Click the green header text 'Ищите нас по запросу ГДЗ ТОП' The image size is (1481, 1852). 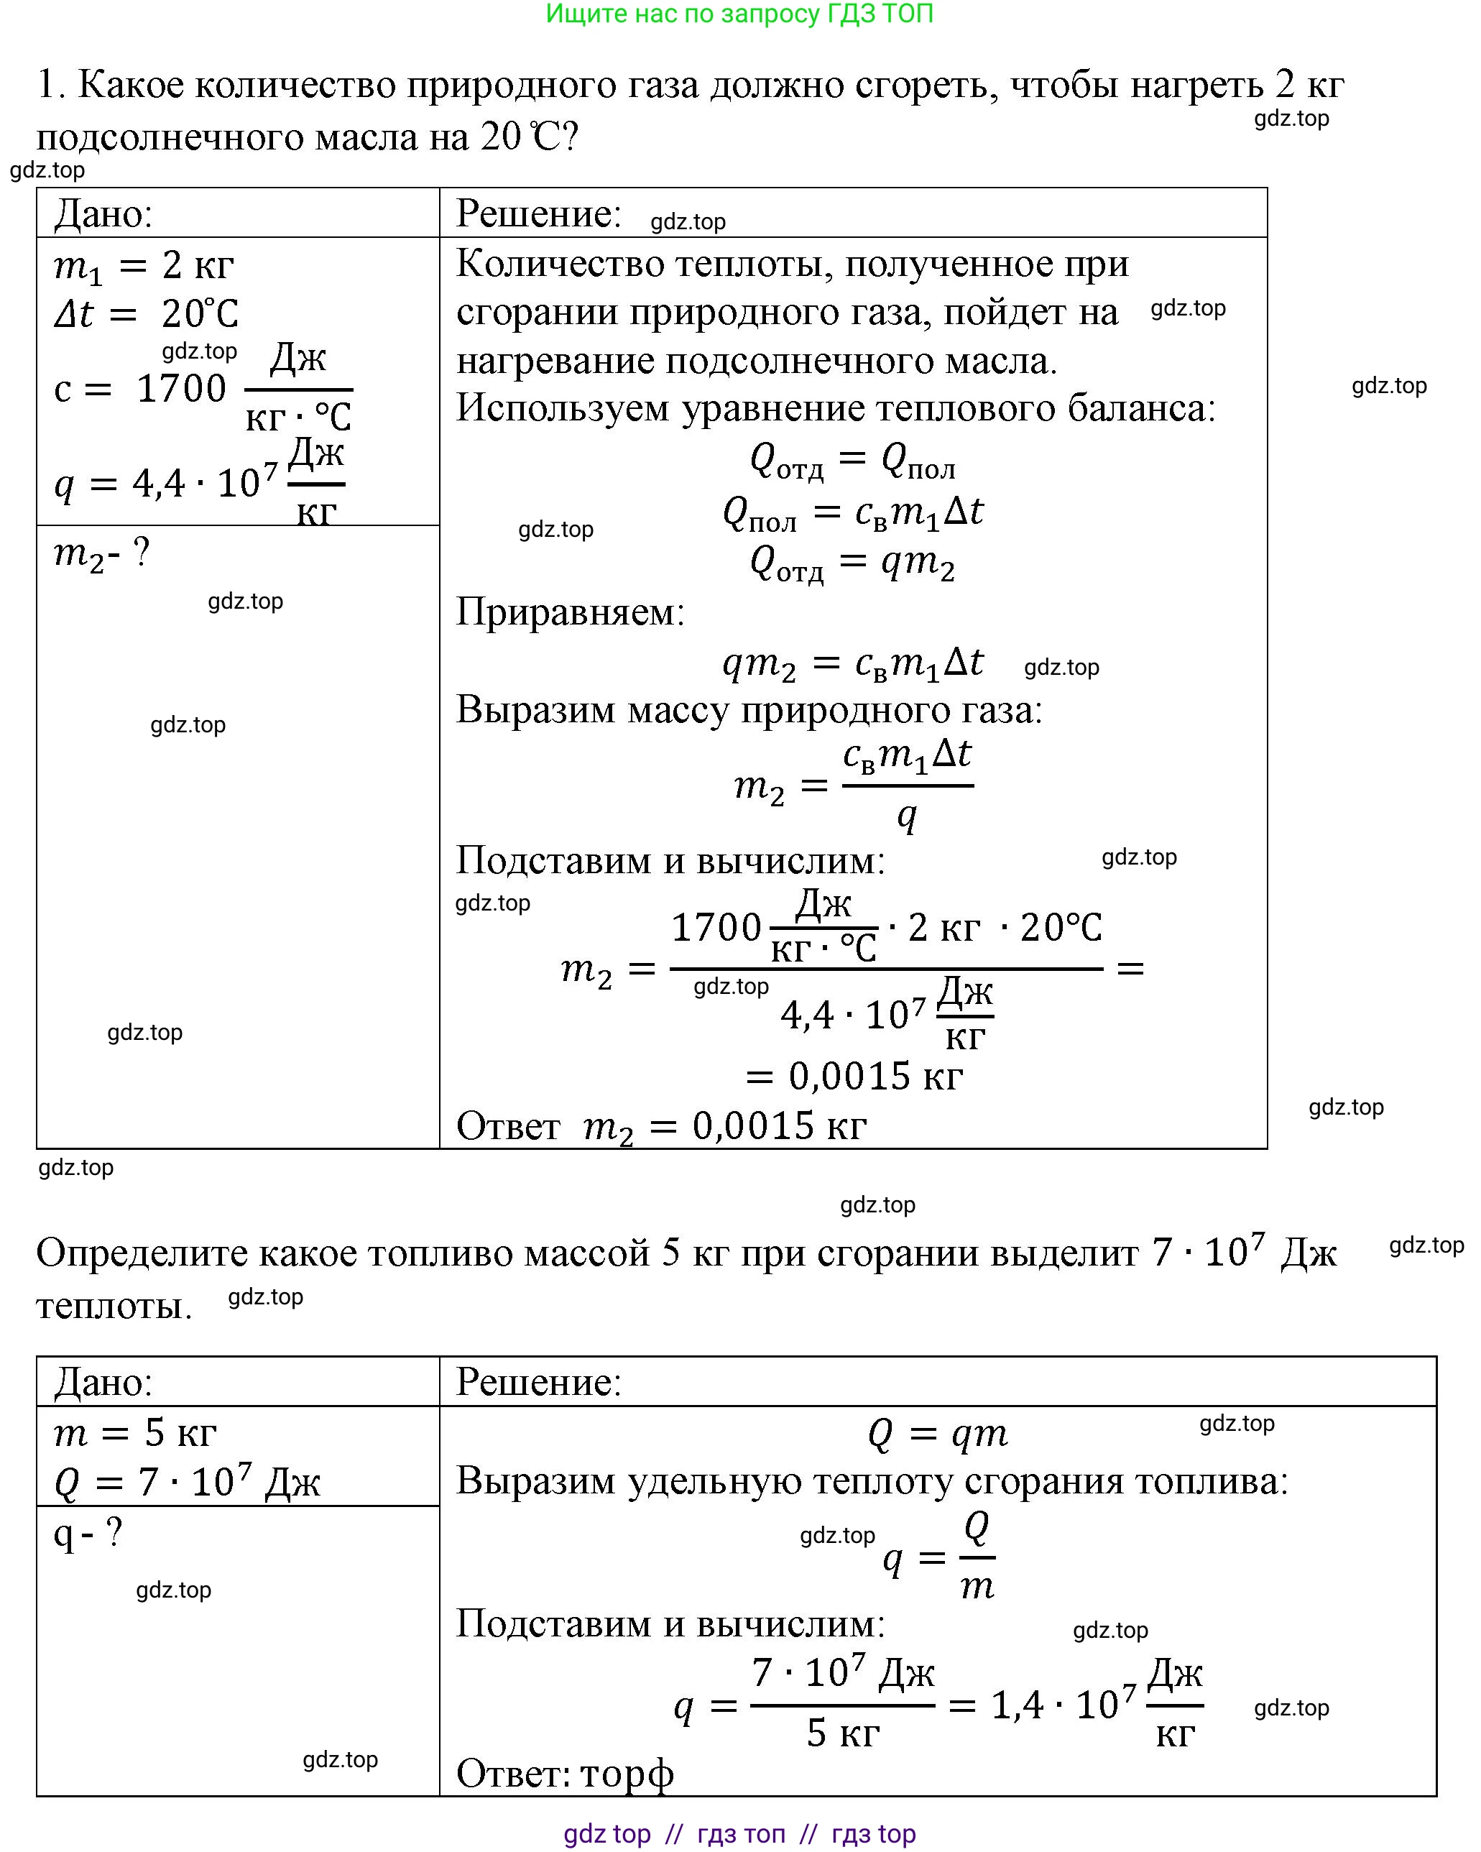coord(739,14)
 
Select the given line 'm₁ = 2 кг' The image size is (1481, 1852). coord(144,267)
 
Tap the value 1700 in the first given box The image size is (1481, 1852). coord(181,389)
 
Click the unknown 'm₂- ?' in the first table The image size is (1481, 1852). coord(101,553)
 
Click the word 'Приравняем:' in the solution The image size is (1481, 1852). coord(571,612)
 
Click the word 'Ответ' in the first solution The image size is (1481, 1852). coord(508,1126)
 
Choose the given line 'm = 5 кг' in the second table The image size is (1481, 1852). coord(135,1433)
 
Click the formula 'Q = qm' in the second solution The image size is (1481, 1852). coord(937,1434)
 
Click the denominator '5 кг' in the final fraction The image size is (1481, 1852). coord(843,1733)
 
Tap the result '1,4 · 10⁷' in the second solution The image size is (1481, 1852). coord(1064,1705)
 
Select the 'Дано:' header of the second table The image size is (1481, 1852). coord(103,1382)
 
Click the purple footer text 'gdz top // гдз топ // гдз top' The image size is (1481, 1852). coord(739,1834)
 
